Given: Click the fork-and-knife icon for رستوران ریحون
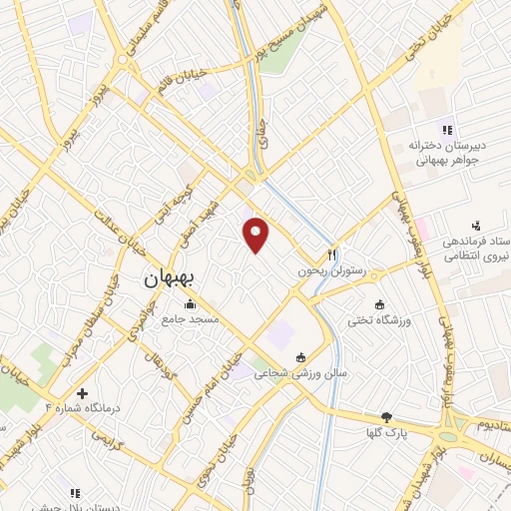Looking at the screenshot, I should (333, 254).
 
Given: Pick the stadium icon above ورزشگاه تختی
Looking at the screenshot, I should (378, 303).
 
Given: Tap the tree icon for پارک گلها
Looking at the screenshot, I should (386, 418).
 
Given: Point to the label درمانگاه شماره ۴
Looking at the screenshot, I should (79, 409).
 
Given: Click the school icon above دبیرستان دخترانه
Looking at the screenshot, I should (447, 128).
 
